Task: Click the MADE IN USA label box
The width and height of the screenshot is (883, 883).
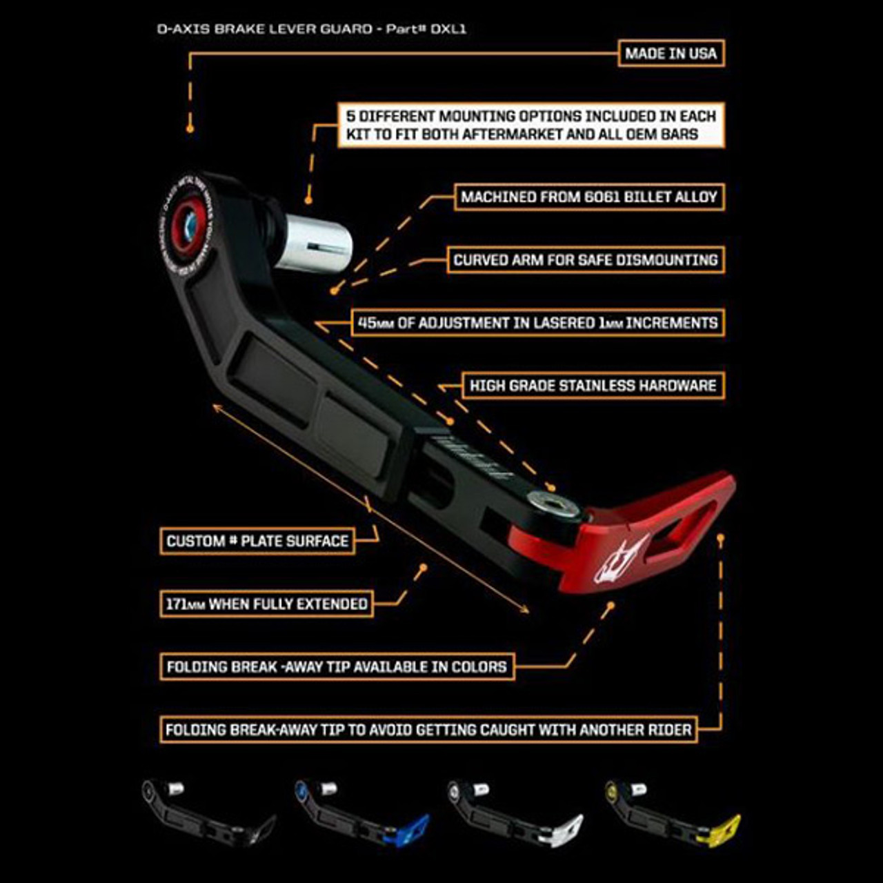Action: (671, 54)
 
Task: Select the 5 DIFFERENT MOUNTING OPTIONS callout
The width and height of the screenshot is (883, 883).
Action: (530, 125)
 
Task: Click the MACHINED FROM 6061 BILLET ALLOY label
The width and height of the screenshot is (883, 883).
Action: (589, 197)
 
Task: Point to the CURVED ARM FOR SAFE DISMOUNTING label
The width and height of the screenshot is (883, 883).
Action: (586, 260)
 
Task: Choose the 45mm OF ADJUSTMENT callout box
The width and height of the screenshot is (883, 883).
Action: (538, 323)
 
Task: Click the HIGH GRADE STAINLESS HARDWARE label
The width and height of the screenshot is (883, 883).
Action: (593, 386)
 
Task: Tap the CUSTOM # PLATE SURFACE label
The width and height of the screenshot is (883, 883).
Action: (257, 541)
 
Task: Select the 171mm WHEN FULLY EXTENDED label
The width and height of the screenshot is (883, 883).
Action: (266, 604)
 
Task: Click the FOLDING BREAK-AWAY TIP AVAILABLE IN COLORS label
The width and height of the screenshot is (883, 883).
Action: (337, 667)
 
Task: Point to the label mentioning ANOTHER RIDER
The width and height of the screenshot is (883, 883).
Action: (428, 730)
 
